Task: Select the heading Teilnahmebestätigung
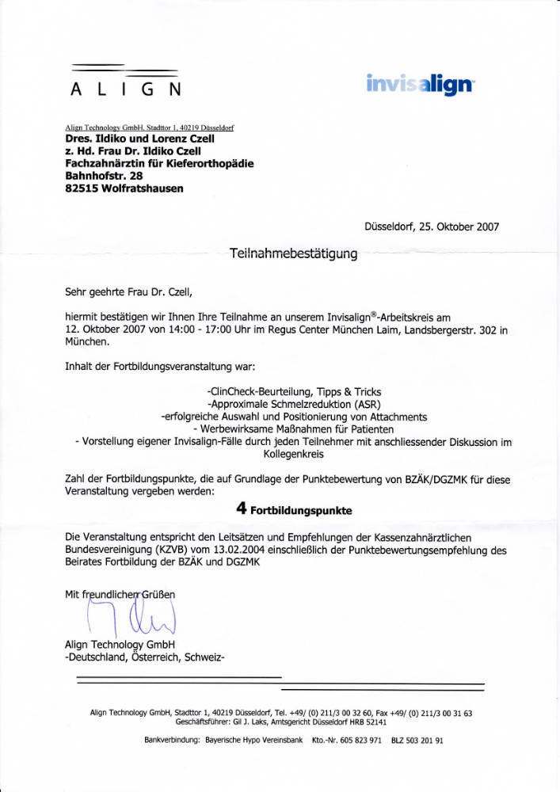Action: (x=293, y=253)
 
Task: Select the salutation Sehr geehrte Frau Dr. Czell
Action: (x=129, y=290)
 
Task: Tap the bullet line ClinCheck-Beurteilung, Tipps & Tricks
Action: (x=293, y=393)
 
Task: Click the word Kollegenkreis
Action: (x=293, y=455)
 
